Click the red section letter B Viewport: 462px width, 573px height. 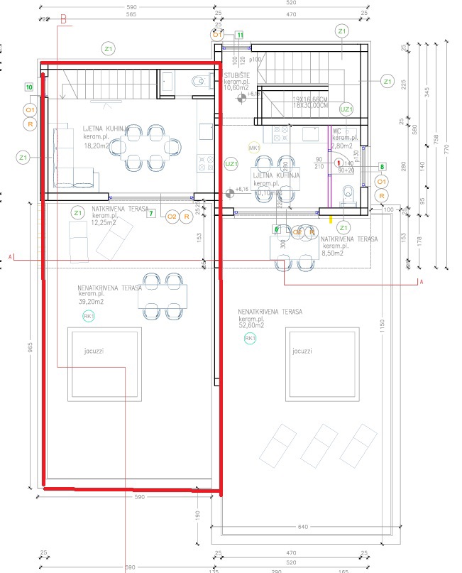pyautogui.click(x=62, y=21)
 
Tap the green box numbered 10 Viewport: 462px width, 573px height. pyautogui.click(x=29, y=87)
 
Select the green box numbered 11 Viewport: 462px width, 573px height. pyautogui.click(x=240, y=34)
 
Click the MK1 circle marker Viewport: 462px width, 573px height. pyautogui.click(x=253, y=147)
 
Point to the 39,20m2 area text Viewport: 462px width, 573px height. pyautogui.click(x=92, y=301)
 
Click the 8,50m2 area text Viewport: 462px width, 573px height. pyautogui.click(x=333, y=252)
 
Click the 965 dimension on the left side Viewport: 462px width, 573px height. pyautogui.click(x=30, y=348)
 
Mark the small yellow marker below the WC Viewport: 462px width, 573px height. pyautogui.click(x=331, y=219)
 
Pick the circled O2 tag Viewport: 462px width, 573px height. pyautogui.click(x=171, y=217)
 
